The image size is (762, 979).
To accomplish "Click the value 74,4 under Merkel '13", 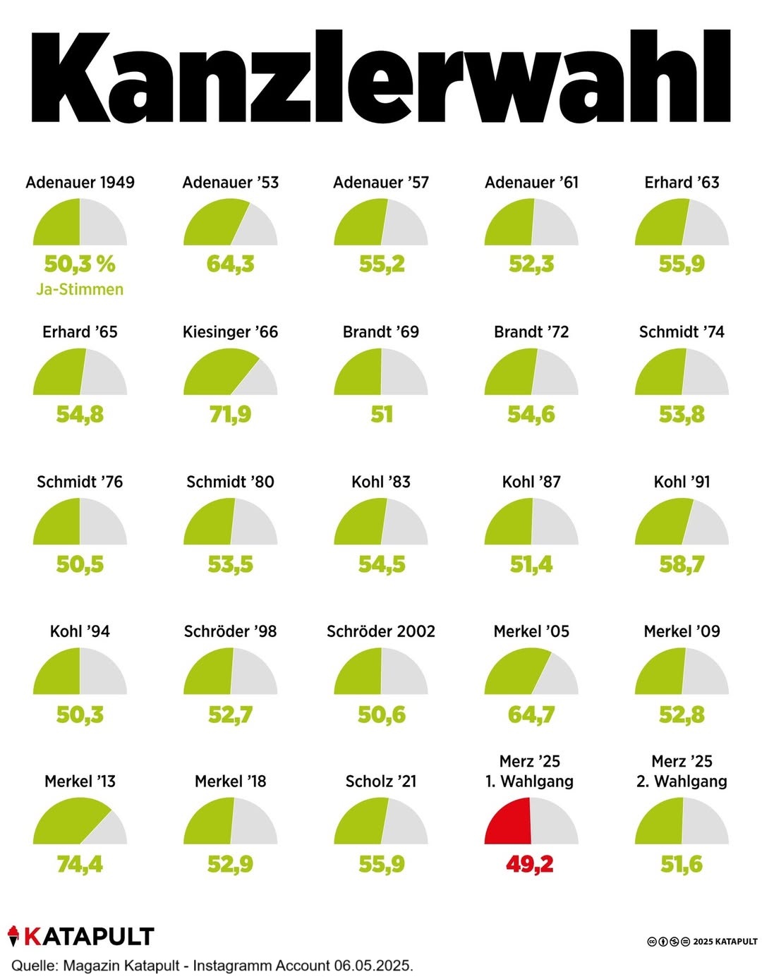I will click(x=80, y=863).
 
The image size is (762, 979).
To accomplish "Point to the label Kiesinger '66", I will click(x=230, y=332).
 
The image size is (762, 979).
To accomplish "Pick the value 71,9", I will click(x=230, y=414).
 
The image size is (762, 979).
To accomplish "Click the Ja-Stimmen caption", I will click(x=80, y=289).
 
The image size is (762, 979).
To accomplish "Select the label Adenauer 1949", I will click(x=80, y=182).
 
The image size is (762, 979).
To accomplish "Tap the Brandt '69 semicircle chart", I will click(x=381, y=374).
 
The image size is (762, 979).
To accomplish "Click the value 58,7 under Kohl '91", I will click(x=682, y=564).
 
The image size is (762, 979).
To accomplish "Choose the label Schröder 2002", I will click(x=381, y=631).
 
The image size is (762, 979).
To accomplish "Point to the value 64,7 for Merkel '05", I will click(x=531, y=715).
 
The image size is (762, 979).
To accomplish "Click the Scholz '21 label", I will click(x=381, y=781).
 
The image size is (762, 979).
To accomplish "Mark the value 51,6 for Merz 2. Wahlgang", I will click(x=682, y=863).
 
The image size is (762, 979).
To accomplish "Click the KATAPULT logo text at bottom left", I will click(x=89, y=937).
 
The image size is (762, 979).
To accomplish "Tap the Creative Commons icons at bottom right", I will click(x=668, y=942).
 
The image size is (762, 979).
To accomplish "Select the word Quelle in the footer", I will click(x=34, y=966).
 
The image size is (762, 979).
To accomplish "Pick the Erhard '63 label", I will click(x=682, y=182).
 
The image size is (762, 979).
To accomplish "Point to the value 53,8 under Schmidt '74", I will click(x=682, y=414).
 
